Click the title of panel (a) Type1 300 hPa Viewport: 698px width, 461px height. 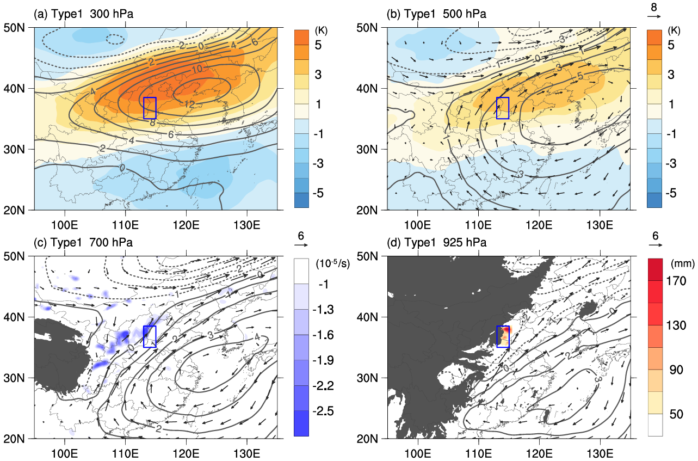point(84,14)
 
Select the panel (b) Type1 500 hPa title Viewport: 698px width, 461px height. point(436,14)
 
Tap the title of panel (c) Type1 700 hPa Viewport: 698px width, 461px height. point(83,243)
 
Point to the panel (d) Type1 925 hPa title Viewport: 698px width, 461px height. point(436,243)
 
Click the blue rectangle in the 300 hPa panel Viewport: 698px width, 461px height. point(150,108)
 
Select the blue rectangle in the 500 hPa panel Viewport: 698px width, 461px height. point(503,108)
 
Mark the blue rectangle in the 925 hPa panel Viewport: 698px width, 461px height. point(503,336)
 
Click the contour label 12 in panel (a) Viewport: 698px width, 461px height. point(189,104)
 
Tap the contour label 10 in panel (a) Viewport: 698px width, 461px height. point(197,69)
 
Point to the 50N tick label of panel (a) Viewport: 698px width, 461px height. point(14,28)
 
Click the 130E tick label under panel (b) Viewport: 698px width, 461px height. point(600,225)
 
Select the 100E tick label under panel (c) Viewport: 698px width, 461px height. point(65,453)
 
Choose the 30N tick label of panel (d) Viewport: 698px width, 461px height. point(367,378)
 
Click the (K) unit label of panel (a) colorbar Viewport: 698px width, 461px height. point(321,30)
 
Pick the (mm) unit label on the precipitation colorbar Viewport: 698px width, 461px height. point(682,263)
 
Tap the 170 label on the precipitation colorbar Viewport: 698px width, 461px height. point(676,281)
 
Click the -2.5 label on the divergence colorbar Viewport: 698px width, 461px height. point(323,411)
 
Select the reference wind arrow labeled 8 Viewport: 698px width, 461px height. point(654,16)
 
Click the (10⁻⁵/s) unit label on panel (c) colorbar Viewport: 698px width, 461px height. point(333,264)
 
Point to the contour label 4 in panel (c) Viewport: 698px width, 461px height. point(257,337)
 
